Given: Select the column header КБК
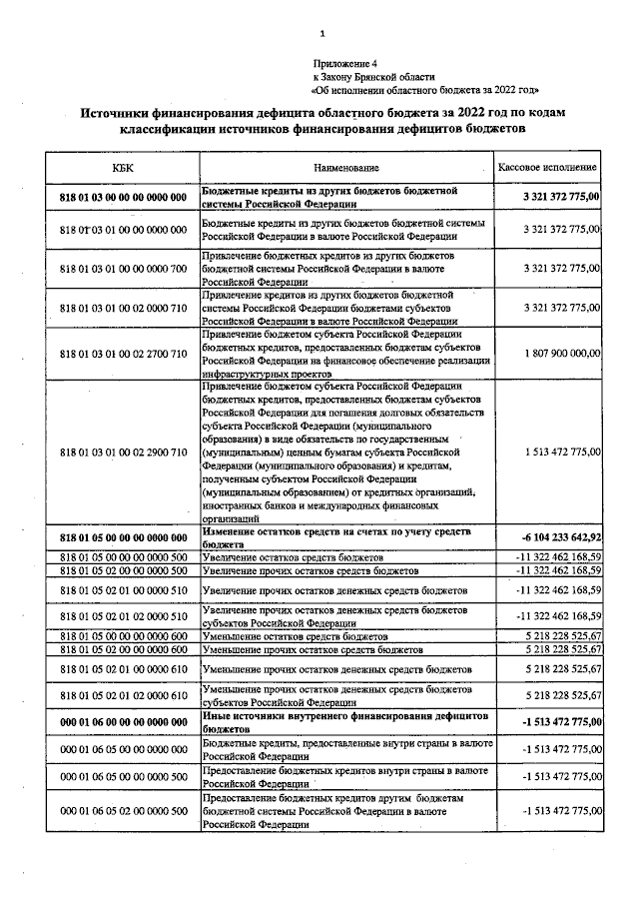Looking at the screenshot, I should point(122,167).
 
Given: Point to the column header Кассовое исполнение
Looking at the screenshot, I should point(548,167).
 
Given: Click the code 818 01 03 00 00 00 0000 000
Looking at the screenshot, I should point(123,198).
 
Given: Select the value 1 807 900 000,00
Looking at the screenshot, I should point(562,354).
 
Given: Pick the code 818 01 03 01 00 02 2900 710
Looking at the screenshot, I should point(123,452).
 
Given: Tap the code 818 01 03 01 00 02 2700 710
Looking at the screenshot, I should point(123,354).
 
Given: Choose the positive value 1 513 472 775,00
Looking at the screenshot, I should point(562,452).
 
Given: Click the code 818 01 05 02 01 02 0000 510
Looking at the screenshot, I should point(123,615).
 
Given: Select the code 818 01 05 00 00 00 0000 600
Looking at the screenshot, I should point(123,636).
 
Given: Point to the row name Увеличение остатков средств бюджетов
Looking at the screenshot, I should point(294,556).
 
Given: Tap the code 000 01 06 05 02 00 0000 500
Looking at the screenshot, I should point(123,811).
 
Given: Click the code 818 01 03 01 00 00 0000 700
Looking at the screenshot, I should point(123,268).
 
